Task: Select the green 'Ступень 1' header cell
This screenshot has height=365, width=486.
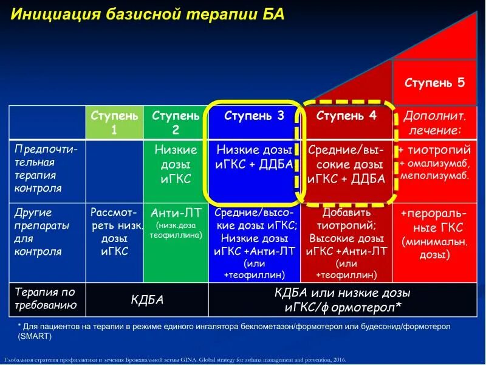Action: (114, 122)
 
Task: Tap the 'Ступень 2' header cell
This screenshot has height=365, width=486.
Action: (176, 122)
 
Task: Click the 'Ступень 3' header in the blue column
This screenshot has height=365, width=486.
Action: (254, 116)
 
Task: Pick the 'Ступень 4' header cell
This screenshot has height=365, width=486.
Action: (346, 116)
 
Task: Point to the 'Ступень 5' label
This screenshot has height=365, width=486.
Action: (434, 83)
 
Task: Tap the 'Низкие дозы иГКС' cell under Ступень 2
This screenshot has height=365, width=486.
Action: (176, 164)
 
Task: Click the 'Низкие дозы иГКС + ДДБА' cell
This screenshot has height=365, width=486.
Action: (254, 157)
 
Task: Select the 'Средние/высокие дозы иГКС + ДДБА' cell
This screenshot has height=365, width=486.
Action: (346, 164)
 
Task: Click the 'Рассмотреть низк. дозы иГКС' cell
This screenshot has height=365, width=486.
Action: (114, 232)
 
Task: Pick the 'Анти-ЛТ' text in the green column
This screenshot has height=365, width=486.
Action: (176, 212)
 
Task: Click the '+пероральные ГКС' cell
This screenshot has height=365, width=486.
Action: (434, 220)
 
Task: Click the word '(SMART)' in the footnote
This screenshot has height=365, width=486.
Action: (35, 335)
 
